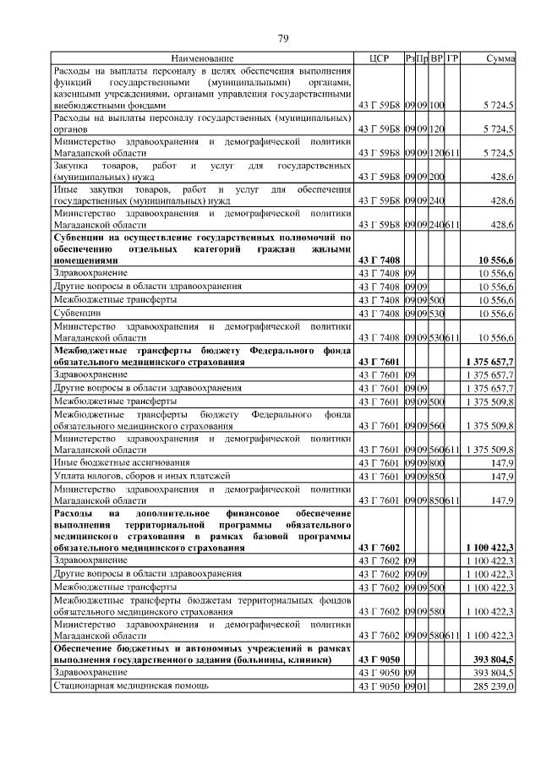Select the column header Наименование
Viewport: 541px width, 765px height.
(202, 58)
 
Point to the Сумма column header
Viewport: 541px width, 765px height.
(501, 58)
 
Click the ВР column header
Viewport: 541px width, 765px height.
(437, 58)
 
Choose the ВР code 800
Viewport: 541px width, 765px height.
(437, 463)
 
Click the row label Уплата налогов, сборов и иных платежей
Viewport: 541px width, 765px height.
(133, 477)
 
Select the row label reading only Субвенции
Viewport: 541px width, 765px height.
(77, 314)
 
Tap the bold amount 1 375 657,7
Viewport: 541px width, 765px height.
(489, 362)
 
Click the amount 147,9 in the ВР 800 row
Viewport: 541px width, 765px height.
(502, 463)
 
